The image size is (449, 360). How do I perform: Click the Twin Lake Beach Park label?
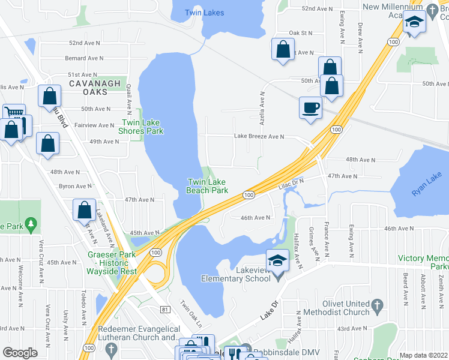click(x=208, y=186)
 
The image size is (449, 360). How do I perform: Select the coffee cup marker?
click(x=310, y=108)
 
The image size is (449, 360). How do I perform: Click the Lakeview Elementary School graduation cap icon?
click(x=277, y=260)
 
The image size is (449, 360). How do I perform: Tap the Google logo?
click(x=20, y=353)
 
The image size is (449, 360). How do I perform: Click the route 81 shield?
click(x=165, y=309)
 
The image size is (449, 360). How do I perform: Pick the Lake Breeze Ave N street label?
click(x=259, y=136)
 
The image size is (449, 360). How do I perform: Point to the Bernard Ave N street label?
click(x=82, y=58)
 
